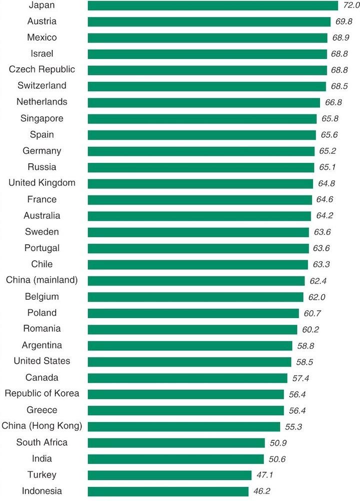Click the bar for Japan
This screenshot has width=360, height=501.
pos(212,5)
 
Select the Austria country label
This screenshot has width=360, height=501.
pos(42,21)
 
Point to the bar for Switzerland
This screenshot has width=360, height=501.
pos(206,86)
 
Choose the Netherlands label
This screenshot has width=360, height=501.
pos(41,102)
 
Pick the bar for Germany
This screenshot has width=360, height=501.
pos(201,151)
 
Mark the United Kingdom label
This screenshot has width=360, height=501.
pos(42,183)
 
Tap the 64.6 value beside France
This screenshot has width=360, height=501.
pos(325,200)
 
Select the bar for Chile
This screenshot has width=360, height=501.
pos(197,264)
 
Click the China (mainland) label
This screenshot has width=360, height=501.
pos(42,280)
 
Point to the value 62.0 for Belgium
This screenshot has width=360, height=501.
pos(317,297)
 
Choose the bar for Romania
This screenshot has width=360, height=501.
pos(192,329)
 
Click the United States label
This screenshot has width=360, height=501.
pos(42,361)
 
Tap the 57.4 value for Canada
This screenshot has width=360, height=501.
pos(300,378)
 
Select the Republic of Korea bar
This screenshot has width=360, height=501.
pos(185,394)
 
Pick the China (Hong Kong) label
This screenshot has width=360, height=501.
pos(42,426)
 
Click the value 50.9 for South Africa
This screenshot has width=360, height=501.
pos(278,443)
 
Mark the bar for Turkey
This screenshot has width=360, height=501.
pos(169,475)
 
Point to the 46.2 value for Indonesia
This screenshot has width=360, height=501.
pos(261,491)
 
